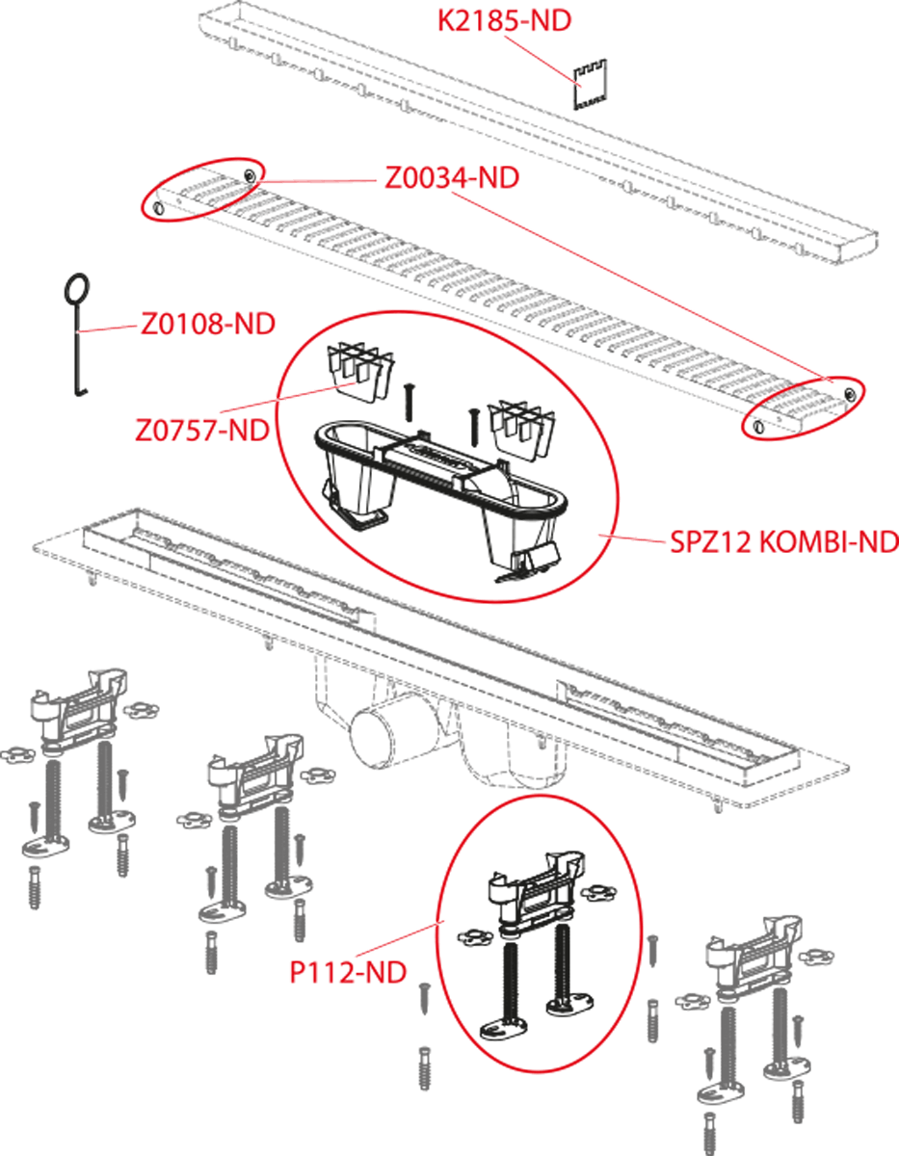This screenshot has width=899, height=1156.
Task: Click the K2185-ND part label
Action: pyautogui.click(x=504, y=21)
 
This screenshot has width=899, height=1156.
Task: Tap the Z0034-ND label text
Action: pyautogui.click(x=452, y=177)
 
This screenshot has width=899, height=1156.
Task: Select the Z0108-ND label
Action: pyautogui.click(x=208, y=324)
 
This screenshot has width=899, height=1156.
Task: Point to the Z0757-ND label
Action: pyautogui.click(x=202, y=430)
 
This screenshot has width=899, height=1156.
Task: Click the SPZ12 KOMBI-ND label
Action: pyautogui.click(x=783, y=542)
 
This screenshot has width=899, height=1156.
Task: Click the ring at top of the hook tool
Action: pyautogui.click(x=76, y=291)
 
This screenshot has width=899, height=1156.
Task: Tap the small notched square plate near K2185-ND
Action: pyautogui.click(x=590, y=85)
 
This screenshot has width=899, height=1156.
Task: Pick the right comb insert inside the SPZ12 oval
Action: pyautogui.click(x=522, y=429)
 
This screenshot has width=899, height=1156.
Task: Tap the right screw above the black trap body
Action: pyautogui.click(x=472, y=427)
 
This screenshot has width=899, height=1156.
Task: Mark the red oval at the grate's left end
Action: pyautogui.click(x=202, y=188)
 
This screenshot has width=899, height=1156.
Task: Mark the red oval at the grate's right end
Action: pyautogui.click(x=804, y=407)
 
